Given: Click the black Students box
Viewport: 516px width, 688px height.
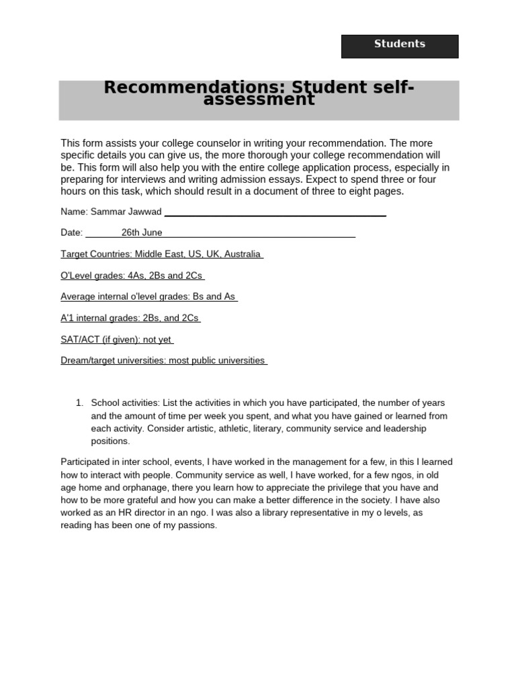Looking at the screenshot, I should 400,46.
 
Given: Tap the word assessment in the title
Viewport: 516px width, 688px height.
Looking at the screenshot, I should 259,100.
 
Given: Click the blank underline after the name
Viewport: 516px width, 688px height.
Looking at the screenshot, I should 275,214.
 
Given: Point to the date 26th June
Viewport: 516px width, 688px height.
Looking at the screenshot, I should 142,232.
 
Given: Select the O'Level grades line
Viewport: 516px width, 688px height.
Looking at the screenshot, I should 132,275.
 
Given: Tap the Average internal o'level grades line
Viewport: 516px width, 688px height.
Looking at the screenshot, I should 148,296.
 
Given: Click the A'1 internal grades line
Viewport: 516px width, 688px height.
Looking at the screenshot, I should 130,318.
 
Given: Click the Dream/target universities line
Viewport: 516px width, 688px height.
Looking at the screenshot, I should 163,360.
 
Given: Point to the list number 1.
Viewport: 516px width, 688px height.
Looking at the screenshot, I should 79,403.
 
